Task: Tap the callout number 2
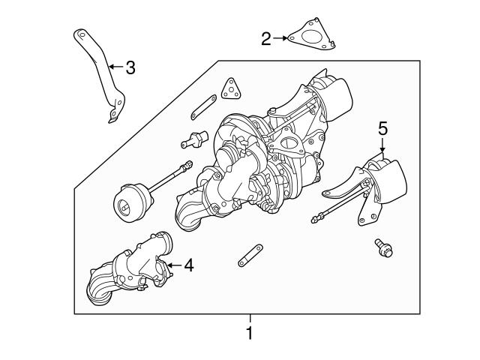coord(266,37)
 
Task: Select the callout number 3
coord(130,68)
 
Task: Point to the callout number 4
coord(188,265)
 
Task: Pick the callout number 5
coord(382,129)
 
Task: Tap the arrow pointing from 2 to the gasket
coord(281,37)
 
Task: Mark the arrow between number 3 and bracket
coord(114,67)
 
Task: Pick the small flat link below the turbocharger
coord(249,255)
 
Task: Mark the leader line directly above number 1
coord(250,318)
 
